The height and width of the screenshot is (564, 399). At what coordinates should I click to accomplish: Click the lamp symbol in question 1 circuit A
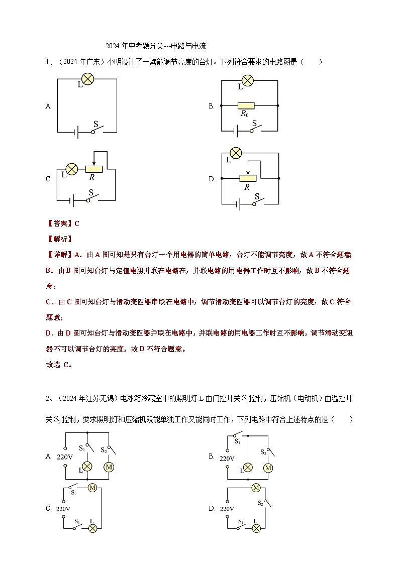pyautogui.click(x=88, y=79)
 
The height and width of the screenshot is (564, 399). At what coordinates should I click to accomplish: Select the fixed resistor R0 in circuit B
pyautogui.click(x=246, y=106)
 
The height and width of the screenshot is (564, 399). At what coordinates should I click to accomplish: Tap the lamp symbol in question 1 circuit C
pyautogui.click(x=72, y=169)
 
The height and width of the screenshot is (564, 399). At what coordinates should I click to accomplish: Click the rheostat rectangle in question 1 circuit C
pyautogui.click(x=93, y=169)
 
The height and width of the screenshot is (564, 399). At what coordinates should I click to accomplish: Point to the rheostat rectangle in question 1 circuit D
pyautogui.click(x=248, y=178)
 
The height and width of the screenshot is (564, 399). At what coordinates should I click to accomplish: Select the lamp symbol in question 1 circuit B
pyautogui.click(x=247, y=80)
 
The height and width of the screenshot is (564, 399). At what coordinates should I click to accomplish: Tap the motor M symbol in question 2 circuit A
pyautogui.click(x=109, y=467)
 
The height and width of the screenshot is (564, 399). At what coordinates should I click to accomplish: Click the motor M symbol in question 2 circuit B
pyautogui.click(x=268, y=468)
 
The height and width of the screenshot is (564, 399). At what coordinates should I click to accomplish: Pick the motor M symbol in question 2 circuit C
pyautogui.click(x=92, y=487)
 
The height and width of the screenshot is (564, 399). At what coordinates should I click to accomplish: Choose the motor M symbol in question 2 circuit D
pyautogui.click(x=256, y=487)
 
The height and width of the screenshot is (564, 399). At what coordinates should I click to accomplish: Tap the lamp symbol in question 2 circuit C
pyautogui.click(x=92, y=528)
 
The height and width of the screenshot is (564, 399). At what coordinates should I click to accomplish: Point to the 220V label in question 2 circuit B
pyautogui.click(x=227, y=458)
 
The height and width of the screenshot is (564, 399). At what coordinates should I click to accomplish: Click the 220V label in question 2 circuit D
pyautogui.click(x=227, y=509)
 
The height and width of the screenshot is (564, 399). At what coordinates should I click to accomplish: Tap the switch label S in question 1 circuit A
pyautogui.click(x=96, y=123)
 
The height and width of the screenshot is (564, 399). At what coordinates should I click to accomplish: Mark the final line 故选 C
pyautogui.click(x=59, y=365)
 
